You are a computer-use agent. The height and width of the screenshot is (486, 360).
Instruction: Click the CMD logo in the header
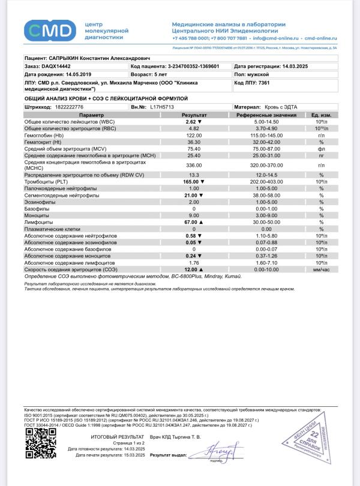tap(50, 29)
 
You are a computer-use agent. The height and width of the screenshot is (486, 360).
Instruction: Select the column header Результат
tap(194, 115)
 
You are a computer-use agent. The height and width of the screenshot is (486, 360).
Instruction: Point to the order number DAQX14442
tap(56, 66)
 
